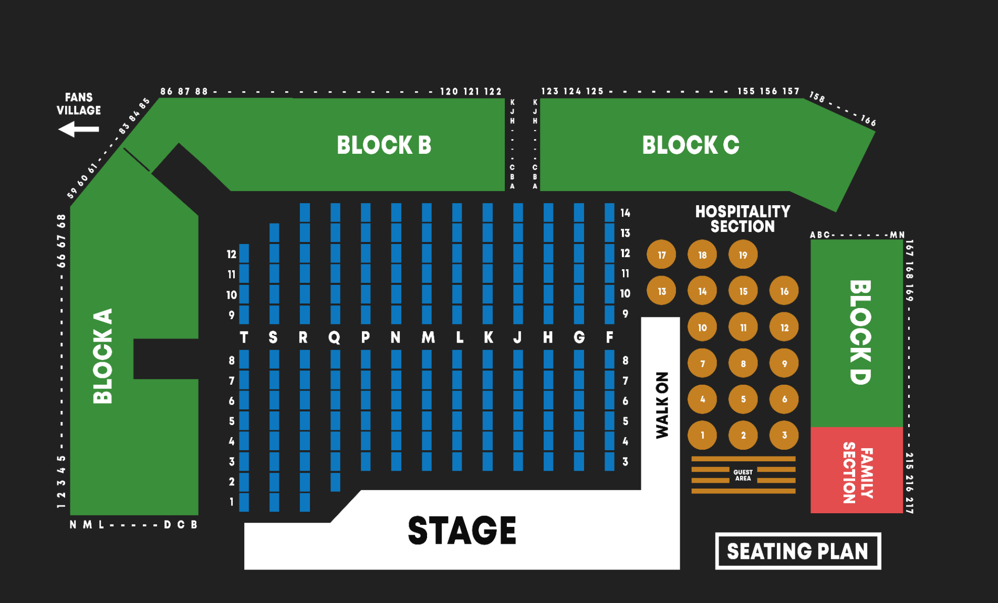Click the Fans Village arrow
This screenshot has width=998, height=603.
coord(78,129)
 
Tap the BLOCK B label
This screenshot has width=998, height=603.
coord(384,145)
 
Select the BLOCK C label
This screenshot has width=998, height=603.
coord(690,145)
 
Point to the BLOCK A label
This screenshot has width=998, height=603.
coord(103,356)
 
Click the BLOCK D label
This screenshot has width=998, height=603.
coord(860,332)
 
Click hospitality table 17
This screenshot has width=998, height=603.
coord(661,255)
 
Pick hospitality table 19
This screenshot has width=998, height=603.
coord(743,255)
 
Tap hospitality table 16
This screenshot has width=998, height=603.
coord(784,291)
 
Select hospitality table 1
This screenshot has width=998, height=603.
coord(702,435)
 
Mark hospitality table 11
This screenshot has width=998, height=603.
coord(743,327)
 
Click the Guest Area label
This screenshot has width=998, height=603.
coord(743,475)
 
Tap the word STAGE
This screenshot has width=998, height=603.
coord(462,530)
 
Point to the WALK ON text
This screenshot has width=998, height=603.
coord(662,405)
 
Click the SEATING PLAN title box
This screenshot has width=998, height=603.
coord(797,551)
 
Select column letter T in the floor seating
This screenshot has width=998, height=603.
coord(244,337)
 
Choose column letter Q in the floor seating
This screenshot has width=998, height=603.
coord(334,337)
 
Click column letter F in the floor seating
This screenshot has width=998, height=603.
coord(609,337)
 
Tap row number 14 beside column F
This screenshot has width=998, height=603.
coord(625,213)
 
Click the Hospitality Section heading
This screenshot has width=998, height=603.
coord(742,219)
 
